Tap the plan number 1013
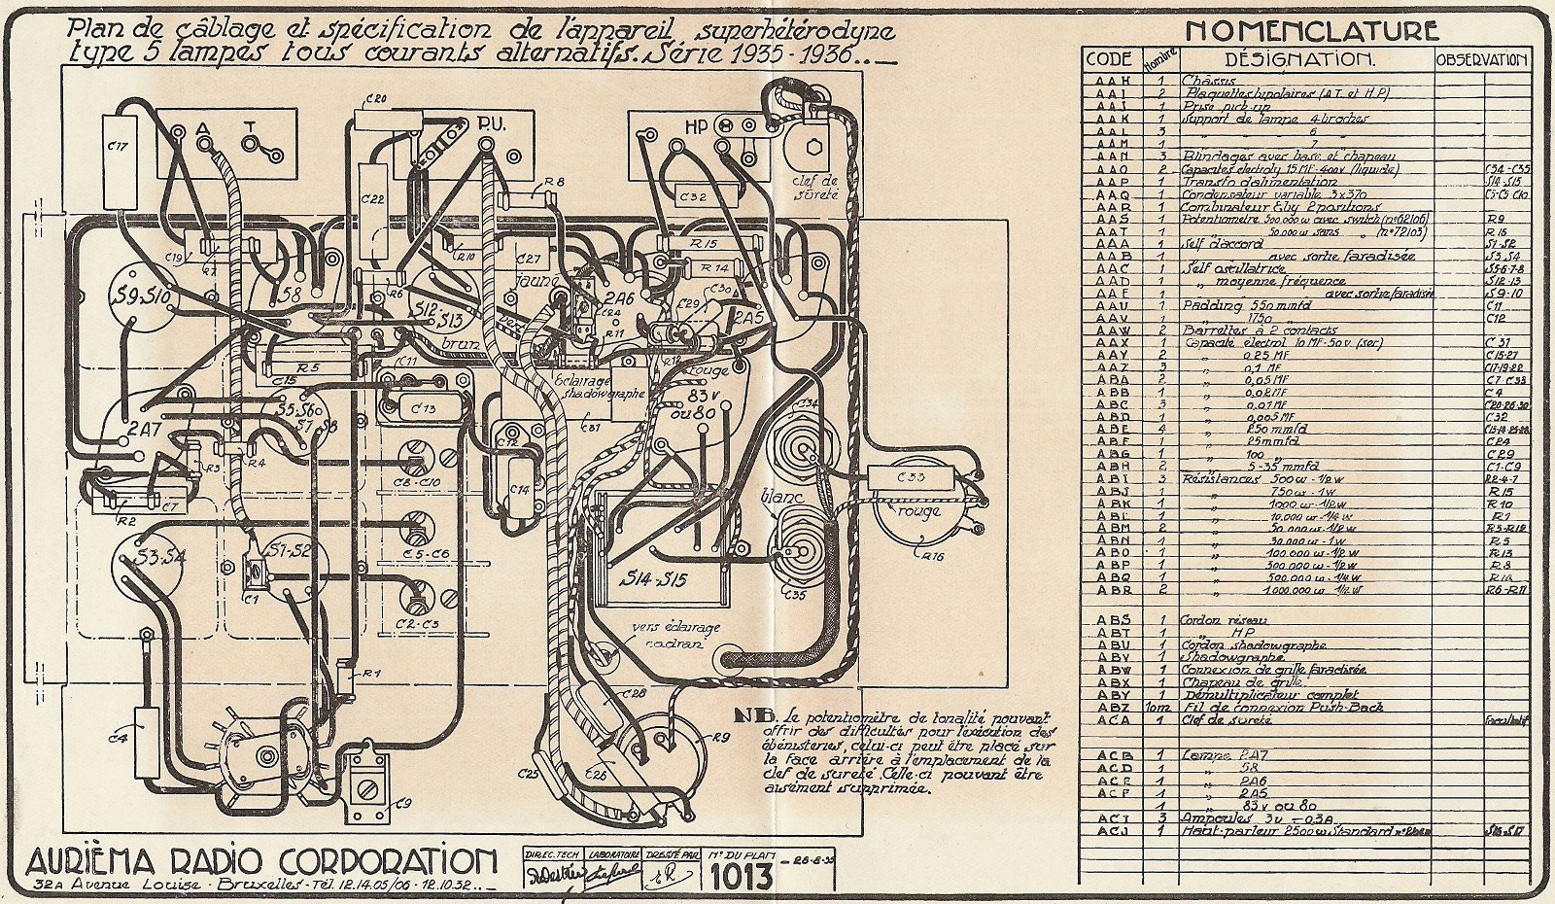click(x=740, y=875)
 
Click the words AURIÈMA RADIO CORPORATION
click(x=261, y=861)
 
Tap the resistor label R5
click(x=308, y=368)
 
